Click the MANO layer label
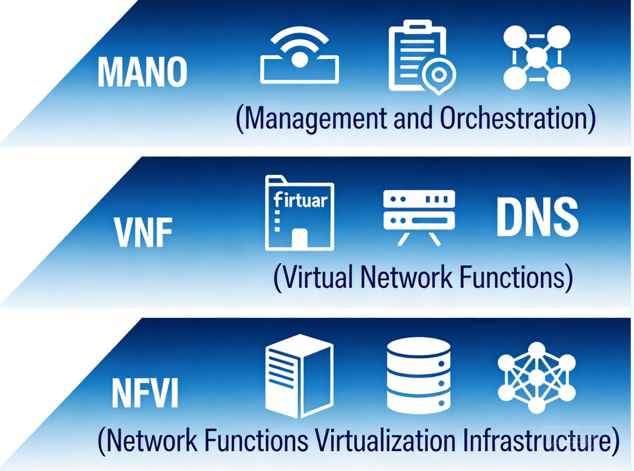(x=142, y=72)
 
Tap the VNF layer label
(x=143, y=232)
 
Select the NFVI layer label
(x=145, y=393)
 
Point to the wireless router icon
(x=299, y=56)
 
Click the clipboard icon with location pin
(x=418, y=56)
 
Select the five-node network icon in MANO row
(x=537, y=57)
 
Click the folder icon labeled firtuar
(x=300, y=213)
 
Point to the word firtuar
(x=301, y=200)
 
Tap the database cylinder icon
(x=418, y=376)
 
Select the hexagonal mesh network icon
(x=536, y=377)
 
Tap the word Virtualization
(x=385, y=440)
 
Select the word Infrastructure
(x=537, y=440)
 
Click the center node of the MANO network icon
(x=537, y=57)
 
